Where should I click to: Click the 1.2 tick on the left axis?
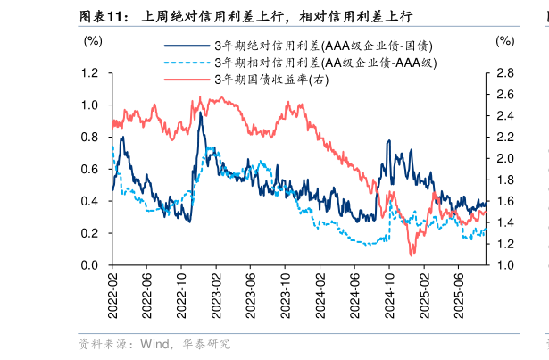pyautogui.click(x=90, y=73)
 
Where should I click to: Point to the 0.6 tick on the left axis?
pyautogui.click(x=90, y=170)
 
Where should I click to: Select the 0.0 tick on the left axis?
pyautogui.click(x=90, y=266)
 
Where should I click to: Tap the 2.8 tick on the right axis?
pyautogui.click(x=504, y=73)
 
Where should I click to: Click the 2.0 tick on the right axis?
pyautogui.click(x=504, y=159)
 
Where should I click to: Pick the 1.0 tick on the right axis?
pyautogui.click(x=504, y=266)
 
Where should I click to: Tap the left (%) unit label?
pyautogui.click(x=92, y=41)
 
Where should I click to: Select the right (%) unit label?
pyautogui.click(x=504, y=41)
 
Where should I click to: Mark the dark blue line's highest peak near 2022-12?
pyautogui.click(x=201, y=113)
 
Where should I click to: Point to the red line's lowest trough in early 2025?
pyautogui.click(x=412, y=255)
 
